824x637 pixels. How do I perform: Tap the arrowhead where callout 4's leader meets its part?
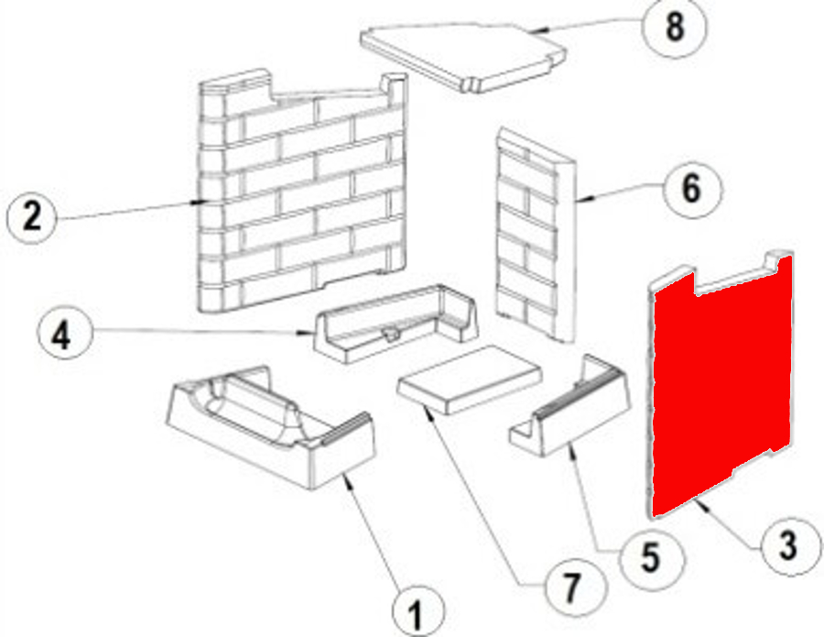pyautogui.click(x=310, y=333)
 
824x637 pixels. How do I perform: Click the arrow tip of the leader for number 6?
pyautogui.click(x=580, y=200)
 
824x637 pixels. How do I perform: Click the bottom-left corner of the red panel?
pyautogui.click(x=653, y=516)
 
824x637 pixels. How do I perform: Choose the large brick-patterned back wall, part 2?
pyautogui.click(x=302, y=192)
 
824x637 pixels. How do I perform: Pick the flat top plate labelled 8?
pyautogui.click(x=463, y=57)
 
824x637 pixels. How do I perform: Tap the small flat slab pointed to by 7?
pyautogui.click(x=470, y=379)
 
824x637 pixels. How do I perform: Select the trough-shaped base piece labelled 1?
pyautogui.click(x=271, y=427)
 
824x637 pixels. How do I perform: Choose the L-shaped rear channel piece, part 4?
pyautogui.click(x=396, y=324)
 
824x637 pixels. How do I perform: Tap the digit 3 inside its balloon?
pyautogui.click(x=787, y=545)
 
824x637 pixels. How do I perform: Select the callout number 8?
pyautogui.click(x=676, y=27)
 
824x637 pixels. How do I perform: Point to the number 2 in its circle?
pyautogui.click(x=31, y=216)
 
